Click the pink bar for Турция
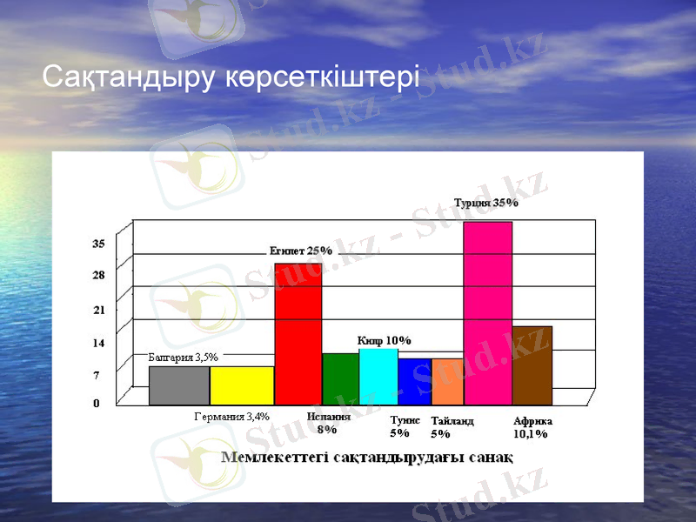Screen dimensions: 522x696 pos(487,313)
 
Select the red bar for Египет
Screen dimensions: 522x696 pos(298,334)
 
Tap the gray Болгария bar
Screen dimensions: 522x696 pos(179,385)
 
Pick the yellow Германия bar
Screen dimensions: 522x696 pos(242,385)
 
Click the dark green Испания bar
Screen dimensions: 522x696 pos(340,379)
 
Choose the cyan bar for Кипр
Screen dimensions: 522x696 pos(378,377)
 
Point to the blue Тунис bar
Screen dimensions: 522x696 pos(415,382)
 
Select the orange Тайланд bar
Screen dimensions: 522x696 pos(447,382)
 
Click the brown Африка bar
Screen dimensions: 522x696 pos(532,365)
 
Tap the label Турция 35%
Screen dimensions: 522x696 pos(486,203)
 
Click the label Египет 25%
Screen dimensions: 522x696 pos(300,251)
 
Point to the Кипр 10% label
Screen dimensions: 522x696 pos(384,340)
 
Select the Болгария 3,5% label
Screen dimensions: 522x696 pos(184,357)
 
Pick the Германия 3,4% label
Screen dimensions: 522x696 pos(231,416)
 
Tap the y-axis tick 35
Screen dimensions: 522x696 pos(99,244)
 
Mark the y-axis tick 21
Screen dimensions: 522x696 pos(99,310)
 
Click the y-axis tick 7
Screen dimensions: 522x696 pos(97,375)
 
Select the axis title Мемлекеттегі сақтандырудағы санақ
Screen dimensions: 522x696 pos(366,457)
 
